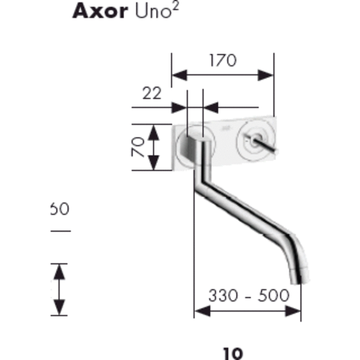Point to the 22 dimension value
click(152, 93)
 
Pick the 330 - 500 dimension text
click(248, 295)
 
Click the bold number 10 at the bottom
click(233, 353)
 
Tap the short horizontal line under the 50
click(61, 230)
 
